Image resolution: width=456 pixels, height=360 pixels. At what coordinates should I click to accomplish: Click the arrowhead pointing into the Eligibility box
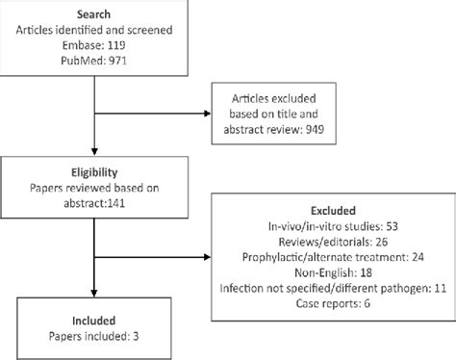(x=93, y=152)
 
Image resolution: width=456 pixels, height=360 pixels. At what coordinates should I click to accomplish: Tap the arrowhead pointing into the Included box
(x=93, y=296)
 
